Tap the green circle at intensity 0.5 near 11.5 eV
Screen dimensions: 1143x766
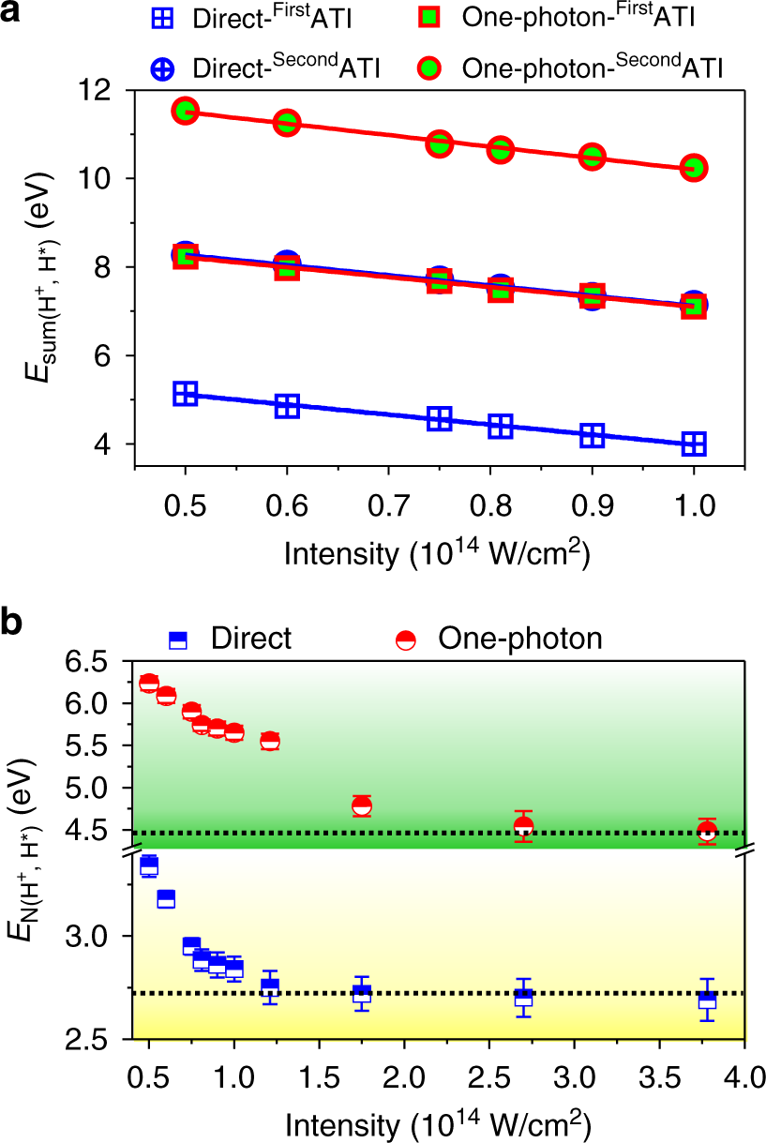coord(186,111)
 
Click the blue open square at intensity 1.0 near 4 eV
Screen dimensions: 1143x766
coord(694,444)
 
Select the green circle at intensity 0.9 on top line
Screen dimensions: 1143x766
coord(592,157)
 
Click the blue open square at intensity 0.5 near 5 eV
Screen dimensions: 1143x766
coord(186,393)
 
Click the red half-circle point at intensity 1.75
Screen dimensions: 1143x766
coord(362,805)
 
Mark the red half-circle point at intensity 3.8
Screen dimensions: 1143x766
coord(708,831)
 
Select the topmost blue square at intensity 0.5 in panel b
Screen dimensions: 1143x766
coord(148,865)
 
